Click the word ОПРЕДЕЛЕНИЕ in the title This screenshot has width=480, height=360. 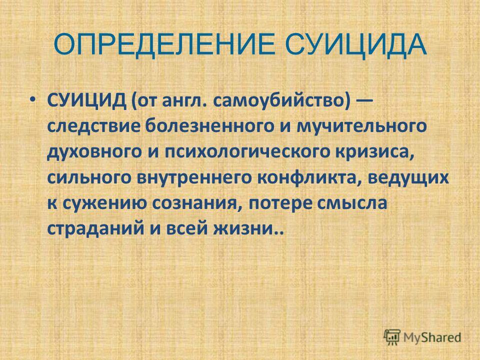[165, 45]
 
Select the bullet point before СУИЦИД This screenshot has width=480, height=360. [33, 100]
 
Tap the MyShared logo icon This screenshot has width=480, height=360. [392, 337]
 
